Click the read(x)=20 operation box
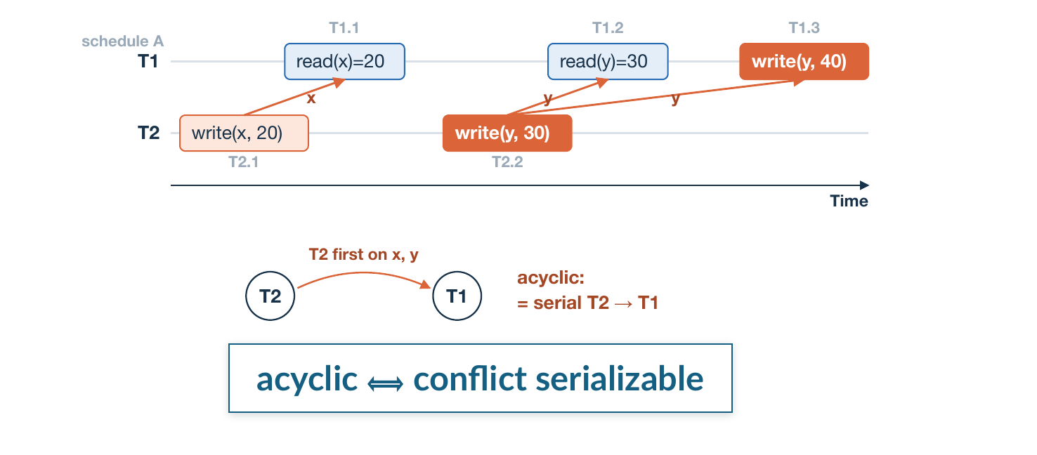pyautogui.click(x=344, y=62)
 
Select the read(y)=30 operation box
pyautogui.click(x=608, y=62)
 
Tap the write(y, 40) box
pyautogui.click(x=804, y=62)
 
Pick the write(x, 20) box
pyautogui.click(x=244, y=133)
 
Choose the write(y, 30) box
pyautogui.click(x=507, y=133)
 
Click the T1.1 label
pyautogui.click(x=344, y=28)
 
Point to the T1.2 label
pyautogui.click(x=608, y=28)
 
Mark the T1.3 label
pyautogui.click(x=804, y=28)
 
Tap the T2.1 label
pyautogui.click(x=244, y=162)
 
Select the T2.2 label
pyautogui.click(x=507, y=162)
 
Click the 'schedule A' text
pyautogui.click(x=123, y=41)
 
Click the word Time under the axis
pyautogui.click(x=849, y=201)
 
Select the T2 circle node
pyautogui.click(x=270, y=296)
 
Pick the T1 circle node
pyautogui.click(x=457, y=296)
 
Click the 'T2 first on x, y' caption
pyautogui.click(x=363, y=255)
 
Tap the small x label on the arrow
pyautogui.click(x=311, y=98)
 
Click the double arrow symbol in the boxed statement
pyautogui.click(x=385, y=383)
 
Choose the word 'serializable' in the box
pyautogui.click(x=620, y=378)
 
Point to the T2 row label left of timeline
pyautogui.click(x=149, y=133)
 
